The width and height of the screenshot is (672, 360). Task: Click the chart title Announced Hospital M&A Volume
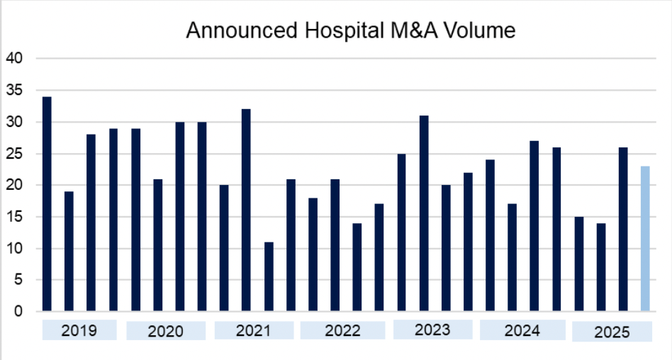coord(350,31)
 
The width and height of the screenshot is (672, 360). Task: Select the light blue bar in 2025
coord(644,238)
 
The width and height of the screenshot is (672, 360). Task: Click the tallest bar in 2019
coord(47,204)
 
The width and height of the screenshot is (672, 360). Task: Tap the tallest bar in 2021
coord(246,210)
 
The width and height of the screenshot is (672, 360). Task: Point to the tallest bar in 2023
coord(423,213)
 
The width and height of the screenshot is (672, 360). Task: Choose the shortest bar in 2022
coord(357,267)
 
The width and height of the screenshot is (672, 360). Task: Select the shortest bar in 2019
coord(69,251)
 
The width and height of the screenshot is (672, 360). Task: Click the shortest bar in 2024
coord(512,257)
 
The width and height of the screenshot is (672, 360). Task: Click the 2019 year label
coord(79,330)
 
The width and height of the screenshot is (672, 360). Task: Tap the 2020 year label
coord(166,331)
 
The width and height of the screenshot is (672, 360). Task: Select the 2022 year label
coord(342,330)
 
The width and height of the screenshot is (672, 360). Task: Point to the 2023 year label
coord(432,330)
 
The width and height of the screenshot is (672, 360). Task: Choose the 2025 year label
coord(612,332)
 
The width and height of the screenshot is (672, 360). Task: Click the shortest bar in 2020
coord(157,245)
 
